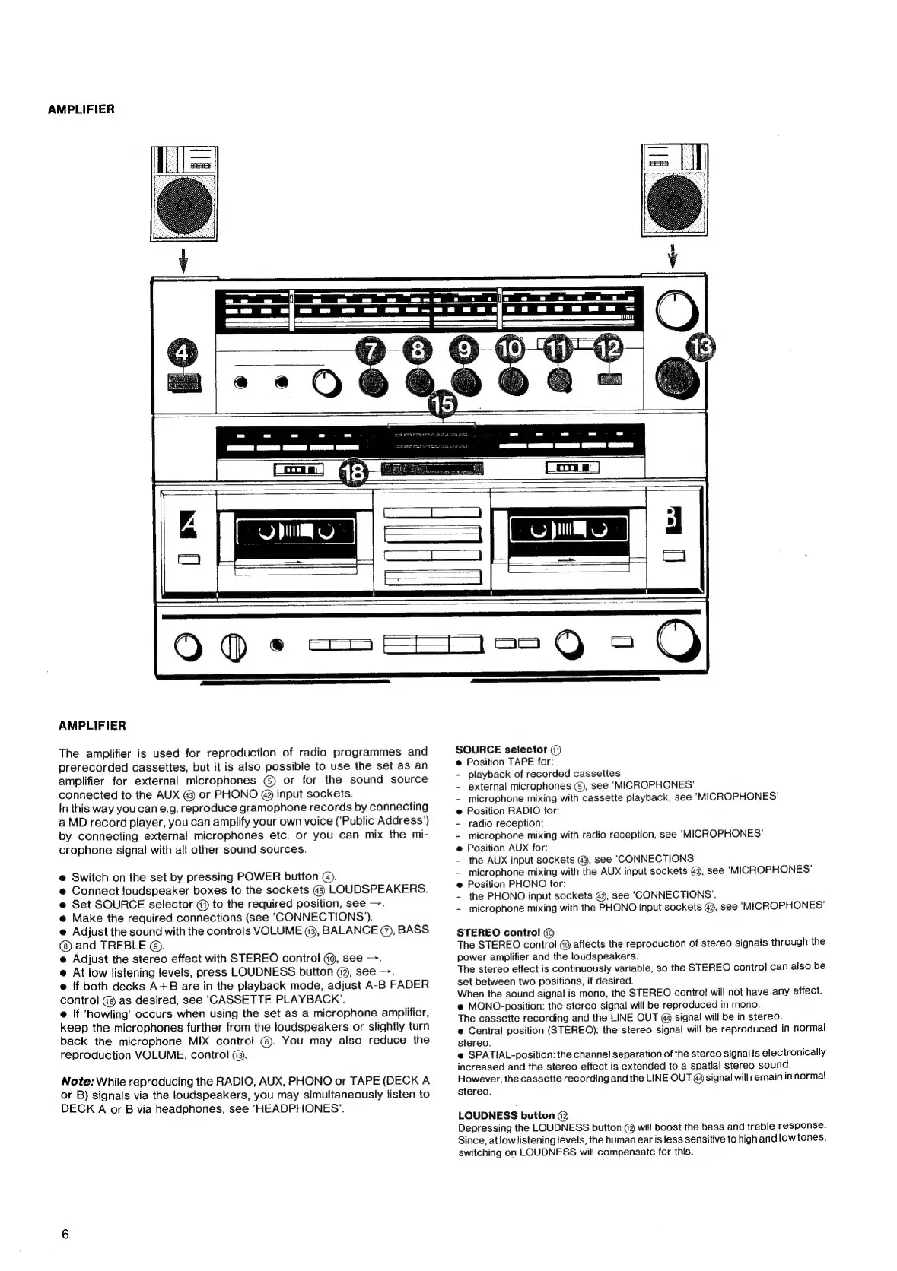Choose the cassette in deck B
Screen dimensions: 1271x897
568,531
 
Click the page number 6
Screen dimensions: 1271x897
65,1234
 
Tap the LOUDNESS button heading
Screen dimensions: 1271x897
506,1115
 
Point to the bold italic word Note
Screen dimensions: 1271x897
77,1080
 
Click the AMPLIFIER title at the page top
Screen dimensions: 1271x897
81,109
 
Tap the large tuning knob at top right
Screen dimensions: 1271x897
676,311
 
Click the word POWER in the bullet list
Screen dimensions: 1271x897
259,876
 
